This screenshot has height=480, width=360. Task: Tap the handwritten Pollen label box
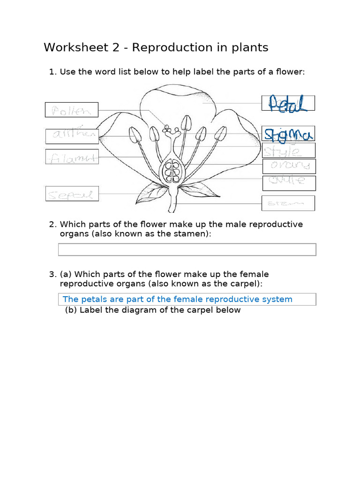[72, 110]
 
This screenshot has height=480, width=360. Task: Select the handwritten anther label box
[72, 136]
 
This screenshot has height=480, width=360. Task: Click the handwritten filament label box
[72, 157]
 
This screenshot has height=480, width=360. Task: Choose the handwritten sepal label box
[72, 194]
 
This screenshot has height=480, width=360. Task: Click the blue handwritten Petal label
[288, 103]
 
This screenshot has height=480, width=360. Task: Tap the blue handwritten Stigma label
[288, 135]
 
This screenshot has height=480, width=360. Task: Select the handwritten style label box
[288, 150]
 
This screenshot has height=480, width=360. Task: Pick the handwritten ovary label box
[289, 166]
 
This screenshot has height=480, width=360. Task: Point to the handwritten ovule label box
[289, 182]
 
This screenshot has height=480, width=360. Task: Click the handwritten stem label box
[288, 203]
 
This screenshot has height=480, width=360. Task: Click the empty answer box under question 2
[187, 249]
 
